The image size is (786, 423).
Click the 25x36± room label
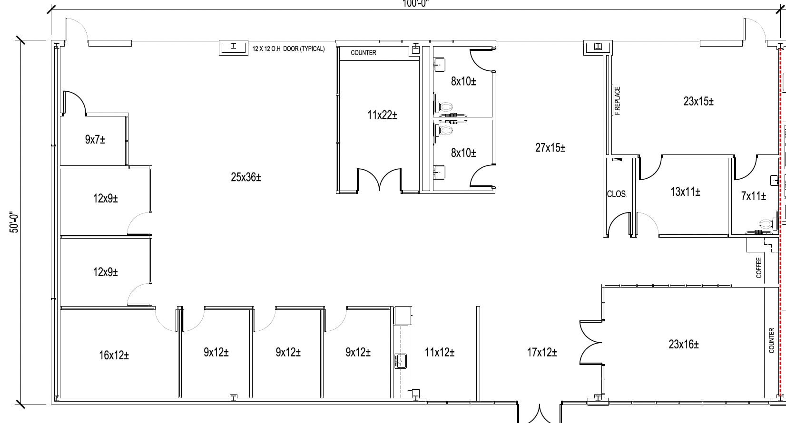click(246, 177)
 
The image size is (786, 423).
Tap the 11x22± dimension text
click(382, 115)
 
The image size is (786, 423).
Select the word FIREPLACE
click(618, 101)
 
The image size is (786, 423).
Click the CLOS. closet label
click(617, 194)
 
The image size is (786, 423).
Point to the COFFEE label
click(759, 268)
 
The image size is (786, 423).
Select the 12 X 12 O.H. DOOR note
click(288, 49)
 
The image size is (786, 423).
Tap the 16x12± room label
click(114, 355)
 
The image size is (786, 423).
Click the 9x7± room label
click(95, 139)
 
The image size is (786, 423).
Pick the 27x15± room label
click(550, 148)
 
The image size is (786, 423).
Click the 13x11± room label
click(685, 192)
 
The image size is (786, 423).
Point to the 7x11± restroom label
click(753, 196)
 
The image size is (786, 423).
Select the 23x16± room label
click(684, 344)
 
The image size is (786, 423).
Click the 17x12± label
click(542, 352)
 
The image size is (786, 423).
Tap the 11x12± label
click(439, 352)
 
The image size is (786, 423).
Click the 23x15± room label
click(698, 101)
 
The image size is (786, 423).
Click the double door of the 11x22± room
click(379, 180)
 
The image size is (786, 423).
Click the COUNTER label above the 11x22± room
click(364, 53)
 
